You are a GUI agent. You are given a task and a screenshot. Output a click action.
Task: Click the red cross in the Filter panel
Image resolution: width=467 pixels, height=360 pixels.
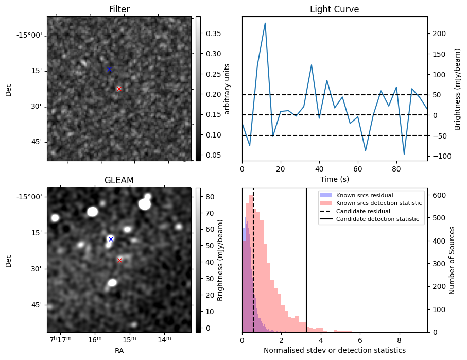[x=119, y=89]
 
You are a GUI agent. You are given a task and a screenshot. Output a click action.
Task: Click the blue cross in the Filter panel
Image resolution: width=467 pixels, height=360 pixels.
[x=109, y=69]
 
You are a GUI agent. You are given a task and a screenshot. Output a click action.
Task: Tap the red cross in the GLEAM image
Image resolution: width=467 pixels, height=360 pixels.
[x=119, y=260]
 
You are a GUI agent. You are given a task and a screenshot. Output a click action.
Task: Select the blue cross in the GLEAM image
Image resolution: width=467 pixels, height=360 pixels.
[x=111, y=239]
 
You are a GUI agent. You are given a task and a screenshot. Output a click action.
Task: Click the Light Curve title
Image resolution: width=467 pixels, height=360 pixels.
[x=334, y=9]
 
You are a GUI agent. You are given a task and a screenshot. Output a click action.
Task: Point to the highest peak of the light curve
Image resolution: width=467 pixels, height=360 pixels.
[x=265, y=23]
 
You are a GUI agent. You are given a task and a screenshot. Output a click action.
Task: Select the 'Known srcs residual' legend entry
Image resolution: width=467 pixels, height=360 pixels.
[x=364, y=195]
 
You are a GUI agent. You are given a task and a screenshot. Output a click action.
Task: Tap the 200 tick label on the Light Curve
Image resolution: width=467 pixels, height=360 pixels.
[x=438, y=33]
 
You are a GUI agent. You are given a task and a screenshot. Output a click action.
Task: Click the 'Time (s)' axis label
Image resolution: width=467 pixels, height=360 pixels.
[x=334, y=179]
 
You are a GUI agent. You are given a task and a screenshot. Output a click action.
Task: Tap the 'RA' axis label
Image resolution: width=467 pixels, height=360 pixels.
[x=119, y=351]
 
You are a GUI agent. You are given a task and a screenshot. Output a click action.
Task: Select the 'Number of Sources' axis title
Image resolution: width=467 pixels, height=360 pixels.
[x=452, y=260]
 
